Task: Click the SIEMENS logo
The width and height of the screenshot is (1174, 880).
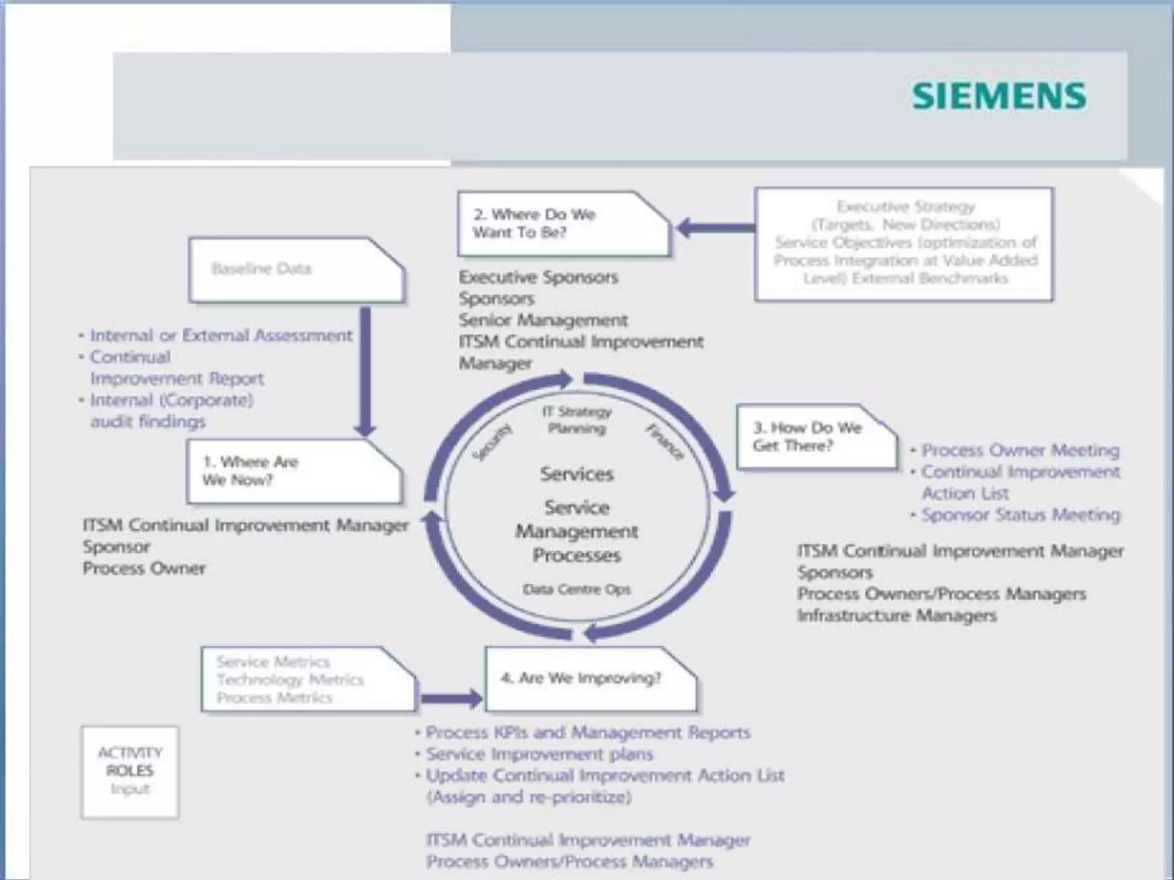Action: tap(999, 96)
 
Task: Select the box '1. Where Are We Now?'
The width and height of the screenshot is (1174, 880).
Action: tap(294, 472)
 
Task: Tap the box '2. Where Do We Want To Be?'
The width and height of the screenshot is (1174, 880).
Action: tap(563, 224)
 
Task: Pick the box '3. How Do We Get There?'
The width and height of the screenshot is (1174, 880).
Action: tap(816, 437)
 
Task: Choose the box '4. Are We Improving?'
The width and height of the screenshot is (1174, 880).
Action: tap(590, 679)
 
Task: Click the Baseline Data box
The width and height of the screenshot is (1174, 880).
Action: tap(296, 270)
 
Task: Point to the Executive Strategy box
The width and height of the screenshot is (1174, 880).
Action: tap(904, 243)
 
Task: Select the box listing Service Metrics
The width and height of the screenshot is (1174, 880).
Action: tap(308, 679)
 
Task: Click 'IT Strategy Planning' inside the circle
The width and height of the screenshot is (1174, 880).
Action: tap(577, 420)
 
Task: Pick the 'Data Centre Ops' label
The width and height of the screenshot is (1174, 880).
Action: tap(576, 590)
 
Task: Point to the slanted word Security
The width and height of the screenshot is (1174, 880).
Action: tap(492, 442)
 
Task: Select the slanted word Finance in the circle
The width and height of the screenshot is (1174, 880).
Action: tap(664, 441)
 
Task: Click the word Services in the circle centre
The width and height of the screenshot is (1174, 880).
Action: tap(577, 474)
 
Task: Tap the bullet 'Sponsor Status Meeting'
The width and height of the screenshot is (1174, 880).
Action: tap(1020, 515)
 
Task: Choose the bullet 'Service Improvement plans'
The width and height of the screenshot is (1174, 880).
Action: tap(539, 754)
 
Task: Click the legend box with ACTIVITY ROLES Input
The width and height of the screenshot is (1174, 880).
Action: tap(130, 772)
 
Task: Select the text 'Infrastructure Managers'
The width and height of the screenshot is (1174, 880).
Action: tap(897, 616)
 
